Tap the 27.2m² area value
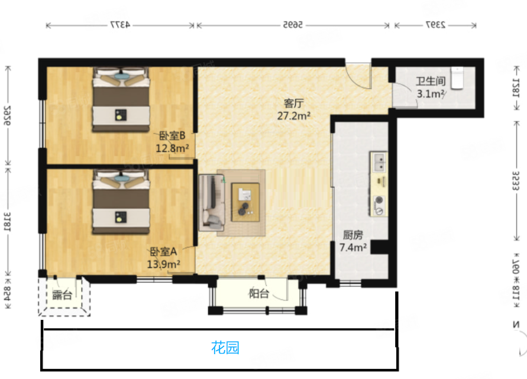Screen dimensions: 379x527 [294, 116]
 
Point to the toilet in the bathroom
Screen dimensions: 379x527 [458, 77]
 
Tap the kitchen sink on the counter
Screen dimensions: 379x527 [379, 159]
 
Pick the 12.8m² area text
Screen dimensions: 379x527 [172, 148]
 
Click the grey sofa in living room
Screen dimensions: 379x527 [211, 202]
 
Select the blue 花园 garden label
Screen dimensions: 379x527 [225, 348]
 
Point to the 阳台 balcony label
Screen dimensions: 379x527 [258, 294]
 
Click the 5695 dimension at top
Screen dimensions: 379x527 [293, 25]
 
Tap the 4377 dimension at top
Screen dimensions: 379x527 [120, 25]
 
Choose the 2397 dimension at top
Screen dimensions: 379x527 [435, 25]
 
